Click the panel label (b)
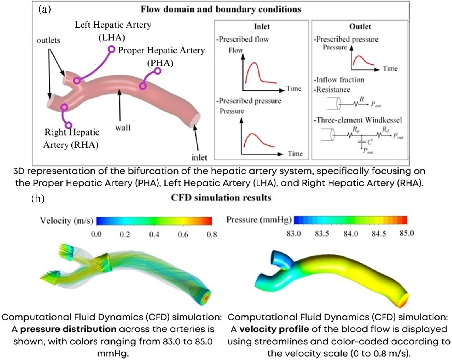(38, 199)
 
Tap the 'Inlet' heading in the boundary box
(262, 27)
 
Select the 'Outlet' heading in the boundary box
(360, 27)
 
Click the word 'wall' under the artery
(123, 128)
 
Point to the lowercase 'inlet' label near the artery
(199, 157)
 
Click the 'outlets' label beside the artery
(48, 40)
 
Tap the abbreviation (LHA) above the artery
(112, 37)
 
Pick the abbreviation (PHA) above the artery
(160, 63)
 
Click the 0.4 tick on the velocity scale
(154, 234)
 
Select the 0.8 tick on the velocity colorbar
(212, 234)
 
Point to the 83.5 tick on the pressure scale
(322, 234)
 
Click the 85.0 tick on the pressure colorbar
(407, 234)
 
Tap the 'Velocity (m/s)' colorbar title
(67, 221)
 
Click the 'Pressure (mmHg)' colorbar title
(259, 220)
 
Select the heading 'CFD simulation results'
(221, 198)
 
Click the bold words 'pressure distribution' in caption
(68, 329)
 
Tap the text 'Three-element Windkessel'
(359, 120)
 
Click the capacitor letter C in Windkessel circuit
(370, 142)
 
